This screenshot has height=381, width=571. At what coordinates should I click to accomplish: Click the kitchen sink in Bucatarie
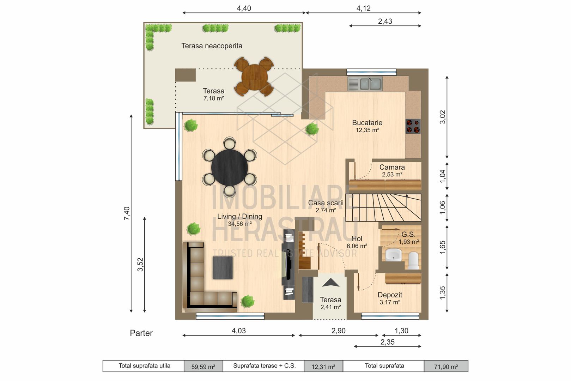coord(365,84)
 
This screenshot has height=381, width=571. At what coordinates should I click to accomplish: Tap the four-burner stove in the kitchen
coord(413,126)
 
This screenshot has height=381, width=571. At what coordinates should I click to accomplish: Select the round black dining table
coord(230,168)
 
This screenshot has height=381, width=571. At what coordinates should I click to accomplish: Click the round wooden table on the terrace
coord(254,77)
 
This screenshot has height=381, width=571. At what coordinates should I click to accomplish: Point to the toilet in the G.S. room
coord(413,261)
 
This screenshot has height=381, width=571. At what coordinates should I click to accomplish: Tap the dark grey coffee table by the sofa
coord(223,268)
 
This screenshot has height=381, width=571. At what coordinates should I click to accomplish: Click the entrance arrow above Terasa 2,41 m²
coord(331,283)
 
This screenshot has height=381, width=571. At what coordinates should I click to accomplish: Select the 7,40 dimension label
coord(127,213)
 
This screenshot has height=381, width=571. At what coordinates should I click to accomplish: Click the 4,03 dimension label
coord(239,331)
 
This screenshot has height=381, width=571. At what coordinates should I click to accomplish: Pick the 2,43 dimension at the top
coord(385,21)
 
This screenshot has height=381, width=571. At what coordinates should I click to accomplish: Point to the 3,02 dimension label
coord(443,117)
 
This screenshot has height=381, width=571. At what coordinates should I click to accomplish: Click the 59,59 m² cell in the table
coord(203,367)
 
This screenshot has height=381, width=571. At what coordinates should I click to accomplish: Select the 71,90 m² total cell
coord(446,367)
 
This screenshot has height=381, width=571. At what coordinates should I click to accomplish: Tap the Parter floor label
coord(141,333)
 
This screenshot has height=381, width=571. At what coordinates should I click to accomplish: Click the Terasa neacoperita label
coord(212,46)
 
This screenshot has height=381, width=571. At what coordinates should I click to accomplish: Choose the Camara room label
coord(392,167)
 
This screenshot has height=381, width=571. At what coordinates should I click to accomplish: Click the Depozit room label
coord(390,295)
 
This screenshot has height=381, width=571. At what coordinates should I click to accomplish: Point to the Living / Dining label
coord(239,216)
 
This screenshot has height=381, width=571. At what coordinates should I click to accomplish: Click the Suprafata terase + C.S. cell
coord(264,366)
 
